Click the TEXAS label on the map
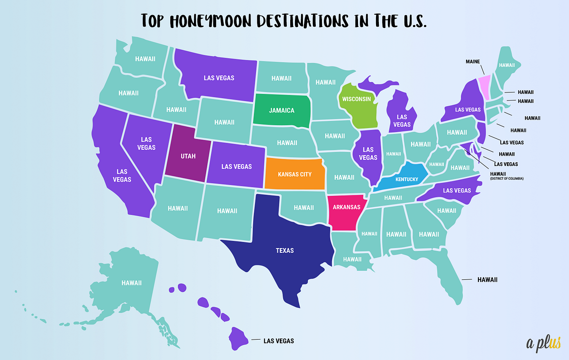[285, 250]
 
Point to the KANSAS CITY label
[294, 175]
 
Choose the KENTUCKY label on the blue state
[406, 179]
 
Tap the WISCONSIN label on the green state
[356, 99]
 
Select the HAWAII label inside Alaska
[131, 283]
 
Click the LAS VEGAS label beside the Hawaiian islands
[278, 341]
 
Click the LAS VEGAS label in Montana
[219, 78]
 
